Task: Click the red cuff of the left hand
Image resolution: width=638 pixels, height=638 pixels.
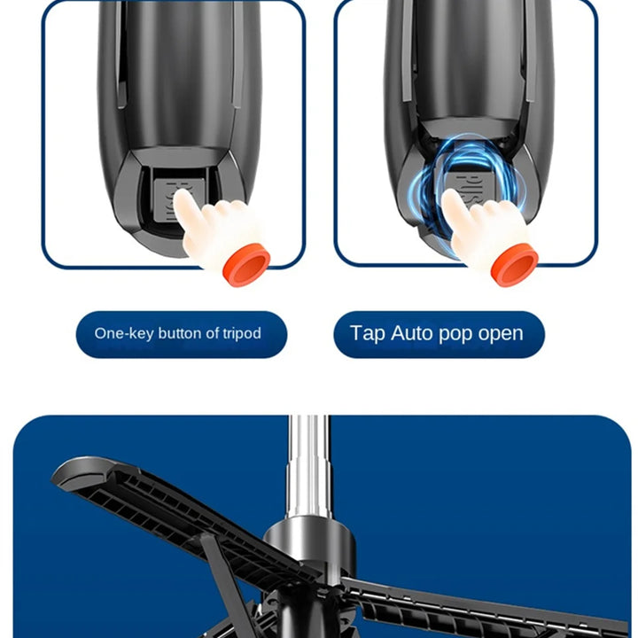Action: pyautogui.click(x=245, y=264)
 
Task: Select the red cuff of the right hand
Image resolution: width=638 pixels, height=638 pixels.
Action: pyautogui.click(x=515, y=265)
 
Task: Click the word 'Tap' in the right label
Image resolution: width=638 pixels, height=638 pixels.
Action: pyautogui.click(x=367, y=333)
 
